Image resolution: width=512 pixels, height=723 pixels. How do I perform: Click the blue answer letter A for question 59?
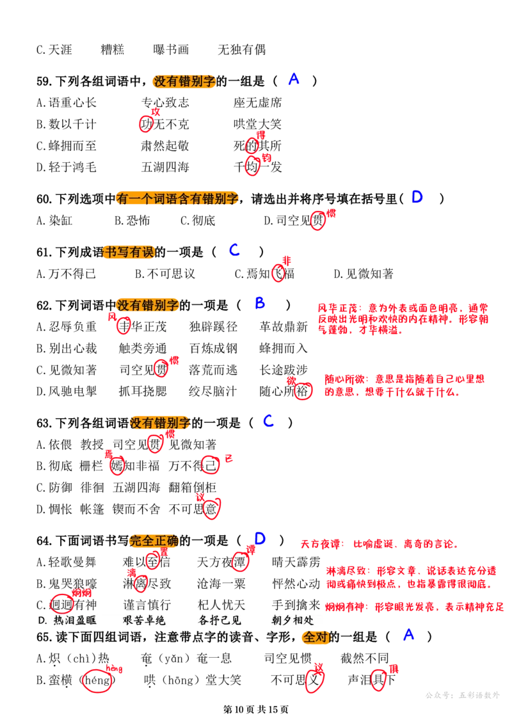point(294,79)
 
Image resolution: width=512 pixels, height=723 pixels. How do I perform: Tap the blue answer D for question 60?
point(417,197)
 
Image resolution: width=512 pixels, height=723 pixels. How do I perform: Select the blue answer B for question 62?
point(260,303)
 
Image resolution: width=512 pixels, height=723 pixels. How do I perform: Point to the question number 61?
point(44,253)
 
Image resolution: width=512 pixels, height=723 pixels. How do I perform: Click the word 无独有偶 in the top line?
point(241,49)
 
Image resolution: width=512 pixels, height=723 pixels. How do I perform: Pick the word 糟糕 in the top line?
point(112,49)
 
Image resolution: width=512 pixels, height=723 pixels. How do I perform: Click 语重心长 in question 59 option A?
point(72,102)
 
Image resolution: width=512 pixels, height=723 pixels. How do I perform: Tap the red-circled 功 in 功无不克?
point(147,124)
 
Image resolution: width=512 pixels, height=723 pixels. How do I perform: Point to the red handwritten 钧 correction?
point(266,158)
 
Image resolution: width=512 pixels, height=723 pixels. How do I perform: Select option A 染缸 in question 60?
point(54,221)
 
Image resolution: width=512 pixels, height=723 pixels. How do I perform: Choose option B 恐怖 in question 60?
point(132,221)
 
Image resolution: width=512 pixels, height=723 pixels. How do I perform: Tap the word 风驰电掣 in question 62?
point(72,391)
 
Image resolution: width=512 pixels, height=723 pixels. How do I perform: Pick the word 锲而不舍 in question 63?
point(136,509)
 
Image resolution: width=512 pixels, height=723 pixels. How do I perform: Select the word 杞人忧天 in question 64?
point(221,605)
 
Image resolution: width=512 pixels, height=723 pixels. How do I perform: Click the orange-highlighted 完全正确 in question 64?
point(154,540)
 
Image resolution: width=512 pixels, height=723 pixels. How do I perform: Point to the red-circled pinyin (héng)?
point(97,680)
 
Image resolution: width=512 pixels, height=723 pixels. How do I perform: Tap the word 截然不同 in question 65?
point(365,658)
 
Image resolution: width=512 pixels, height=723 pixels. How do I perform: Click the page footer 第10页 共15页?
point(256,709)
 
